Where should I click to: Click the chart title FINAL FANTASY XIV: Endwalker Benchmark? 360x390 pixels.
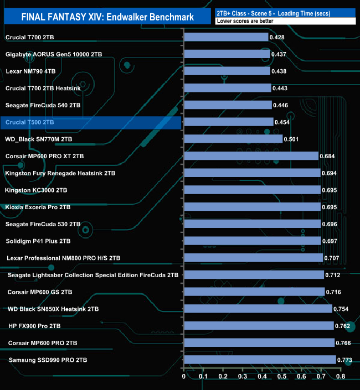pyautogui.click(x=107, y=17)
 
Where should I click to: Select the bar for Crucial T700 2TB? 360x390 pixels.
pyautogui.click(x=226, y=37)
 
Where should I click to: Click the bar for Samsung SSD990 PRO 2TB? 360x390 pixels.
pyautogui.click(x=260, y=360)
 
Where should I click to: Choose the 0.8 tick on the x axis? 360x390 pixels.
pyautogui.click(x=340, y=377)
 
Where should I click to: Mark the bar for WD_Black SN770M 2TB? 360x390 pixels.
pyautogui.click(x=233, y=139)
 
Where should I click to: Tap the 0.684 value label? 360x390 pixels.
pyautogui.click(x=327, y=156)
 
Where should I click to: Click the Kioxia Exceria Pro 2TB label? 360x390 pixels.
pyautogui.click(x=38, y=207)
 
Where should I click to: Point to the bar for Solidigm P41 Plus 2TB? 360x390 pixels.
pyautogui.click(x=252, y=241)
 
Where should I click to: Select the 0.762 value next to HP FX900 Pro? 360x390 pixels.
pyautogui.click(x=343, y=326)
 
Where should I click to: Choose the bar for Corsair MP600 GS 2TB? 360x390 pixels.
pyautogui.click(x=254, y=292)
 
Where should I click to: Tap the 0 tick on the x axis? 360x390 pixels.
pyautogui.click(x=184, y=377)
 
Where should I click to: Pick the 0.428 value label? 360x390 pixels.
pyautogui.click(x=277, y=37)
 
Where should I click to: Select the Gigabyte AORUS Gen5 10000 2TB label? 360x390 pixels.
pyautogui.click(x=54, y=54)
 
